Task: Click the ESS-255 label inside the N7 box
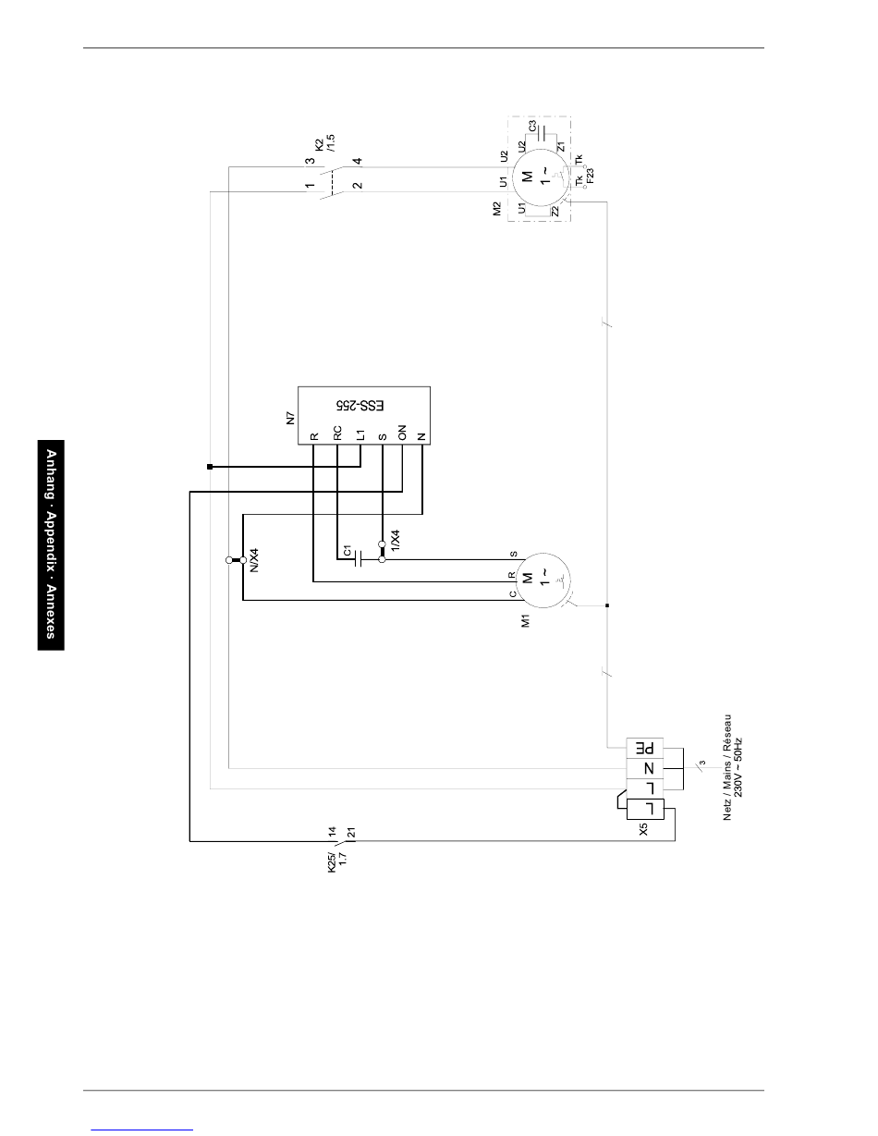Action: (360, 405)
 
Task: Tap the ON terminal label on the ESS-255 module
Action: (402, 433)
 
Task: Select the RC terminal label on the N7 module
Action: (337, 434)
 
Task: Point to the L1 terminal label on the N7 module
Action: (360, 434)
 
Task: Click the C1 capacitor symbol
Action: (358, 559)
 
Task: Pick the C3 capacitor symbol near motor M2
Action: (543, 133)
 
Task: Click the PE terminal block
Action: (645, 748)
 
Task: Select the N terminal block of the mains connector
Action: (645, 768)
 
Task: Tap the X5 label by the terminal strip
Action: (643, 830)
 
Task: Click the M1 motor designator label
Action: (526, 620)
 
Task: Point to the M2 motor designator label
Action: (497, 209)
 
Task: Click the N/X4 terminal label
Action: (254, 560)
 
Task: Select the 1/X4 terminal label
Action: (396, 540)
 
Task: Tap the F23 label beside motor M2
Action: (591, 175)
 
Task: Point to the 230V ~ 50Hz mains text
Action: (738, 767)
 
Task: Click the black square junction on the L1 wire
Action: (210, 467)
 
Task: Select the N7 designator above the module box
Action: (290, 418)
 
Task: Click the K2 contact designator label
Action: (320, 144)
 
